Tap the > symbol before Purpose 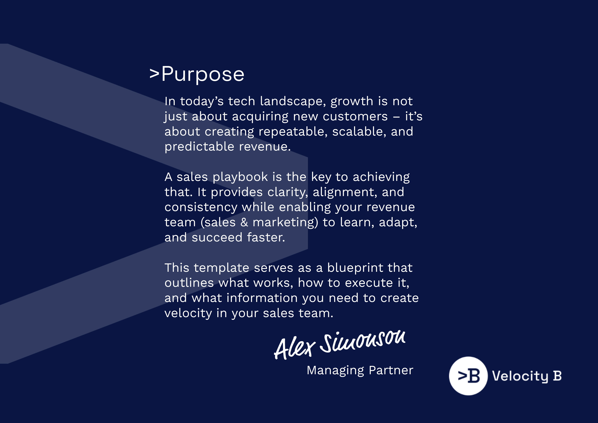click(x=154, y=74)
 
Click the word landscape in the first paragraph click(x=293, y=101)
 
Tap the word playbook click(x=240, y=177)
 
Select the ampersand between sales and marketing click(x=244, y=222)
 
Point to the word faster click(x=266, y=238)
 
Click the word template click(x=221, y=268)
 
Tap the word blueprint click(x=355, y=268)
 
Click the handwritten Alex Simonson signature click(x=340, y=345)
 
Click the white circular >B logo click(x=468, y=376)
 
